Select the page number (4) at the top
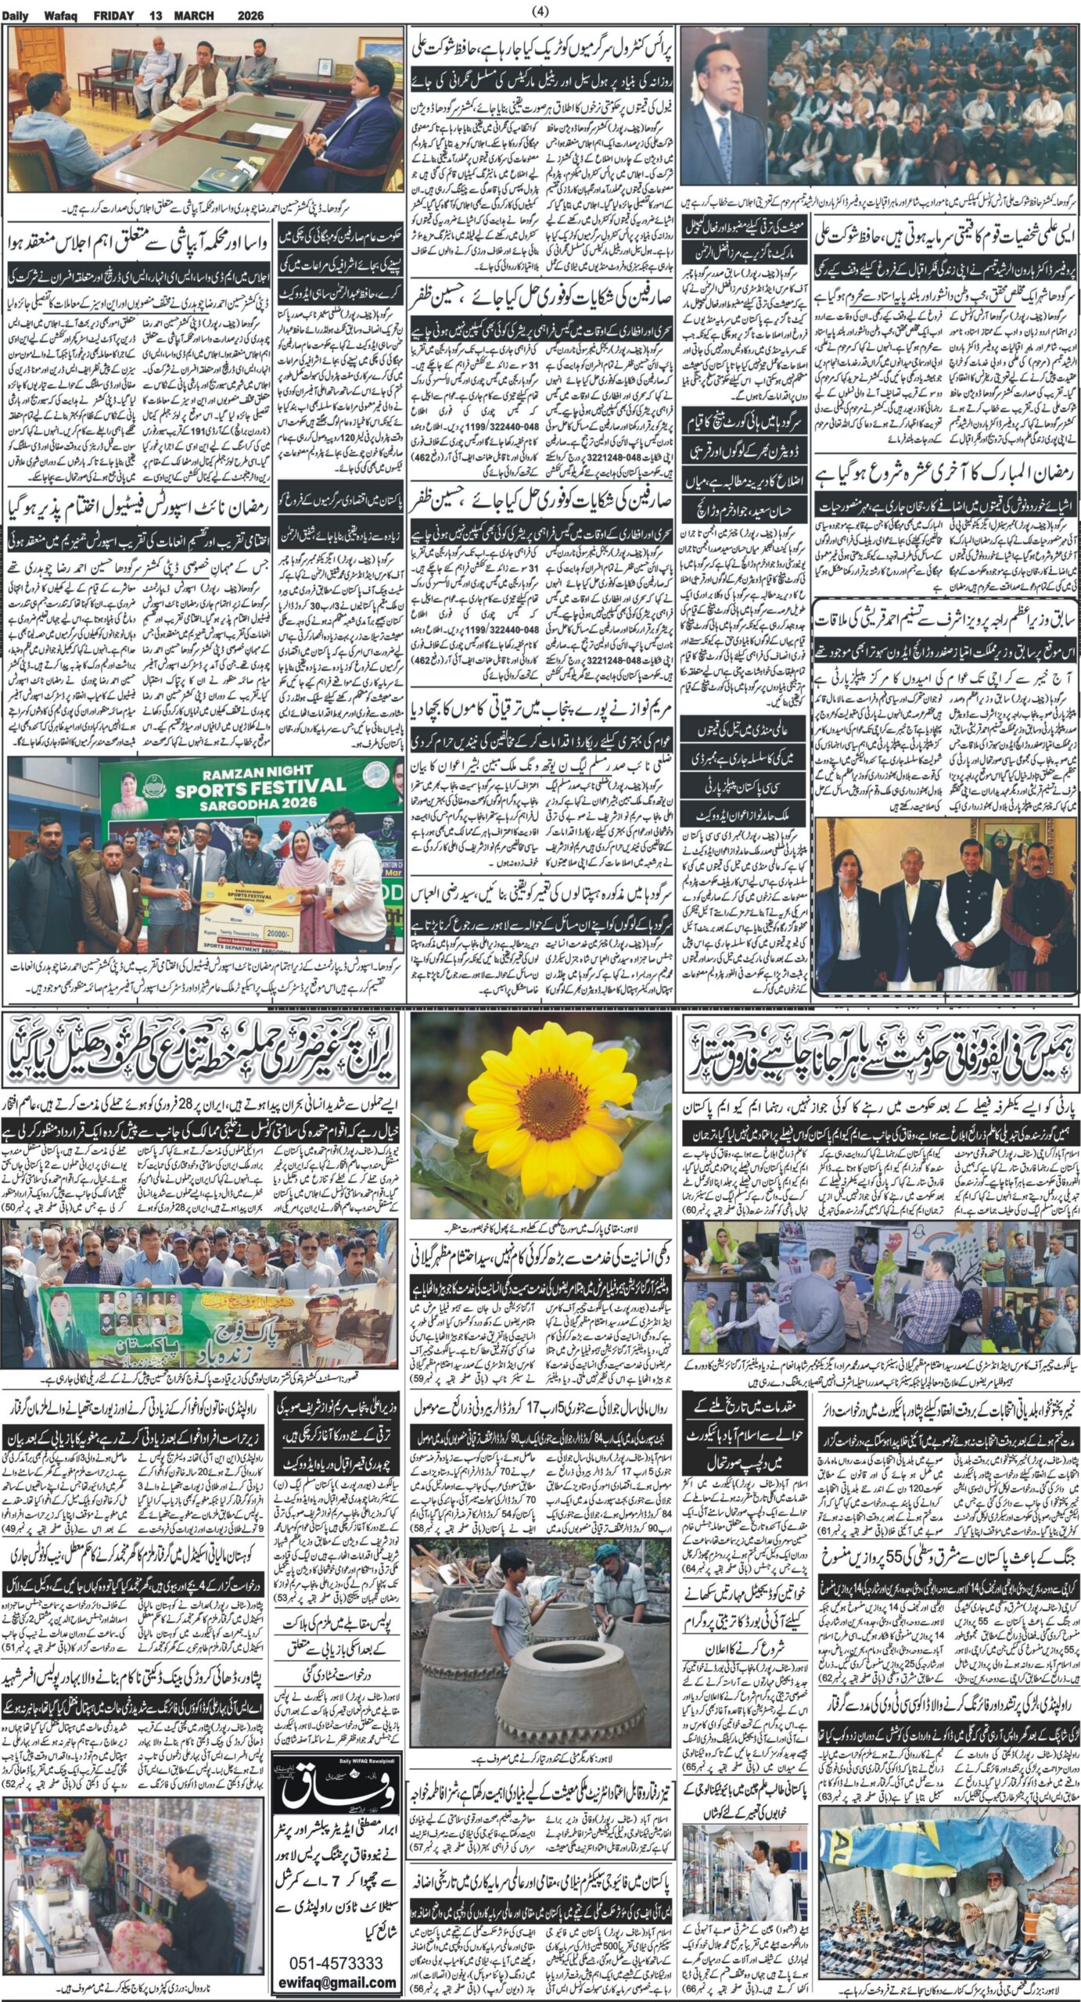(540, 10)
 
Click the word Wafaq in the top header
(66, 15)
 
